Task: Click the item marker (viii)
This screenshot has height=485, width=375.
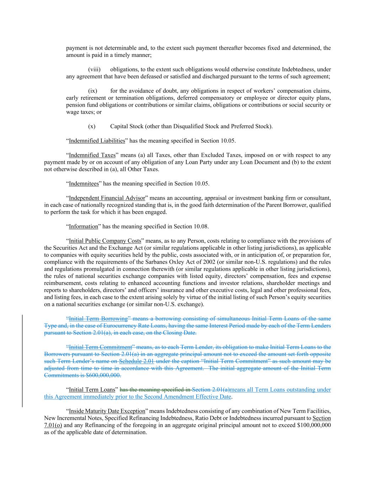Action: point(94,69)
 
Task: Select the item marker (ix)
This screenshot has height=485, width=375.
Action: point(93,91)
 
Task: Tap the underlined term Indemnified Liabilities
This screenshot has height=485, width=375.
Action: point(97,141)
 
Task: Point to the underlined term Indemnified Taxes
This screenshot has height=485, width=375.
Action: point(92,155)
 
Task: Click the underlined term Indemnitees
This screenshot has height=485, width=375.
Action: point(84,184)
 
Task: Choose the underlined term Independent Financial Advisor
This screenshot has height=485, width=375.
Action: point(107,198)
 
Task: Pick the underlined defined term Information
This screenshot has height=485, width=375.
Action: point(83,226)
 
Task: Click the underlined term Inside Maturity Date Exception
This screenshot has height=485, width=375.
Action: point(107,411)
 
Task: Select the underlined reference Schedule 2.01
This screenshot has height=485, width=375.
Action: point(136,361)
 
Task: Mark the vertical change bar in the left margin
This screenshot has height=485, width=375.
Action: point(23,361)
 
